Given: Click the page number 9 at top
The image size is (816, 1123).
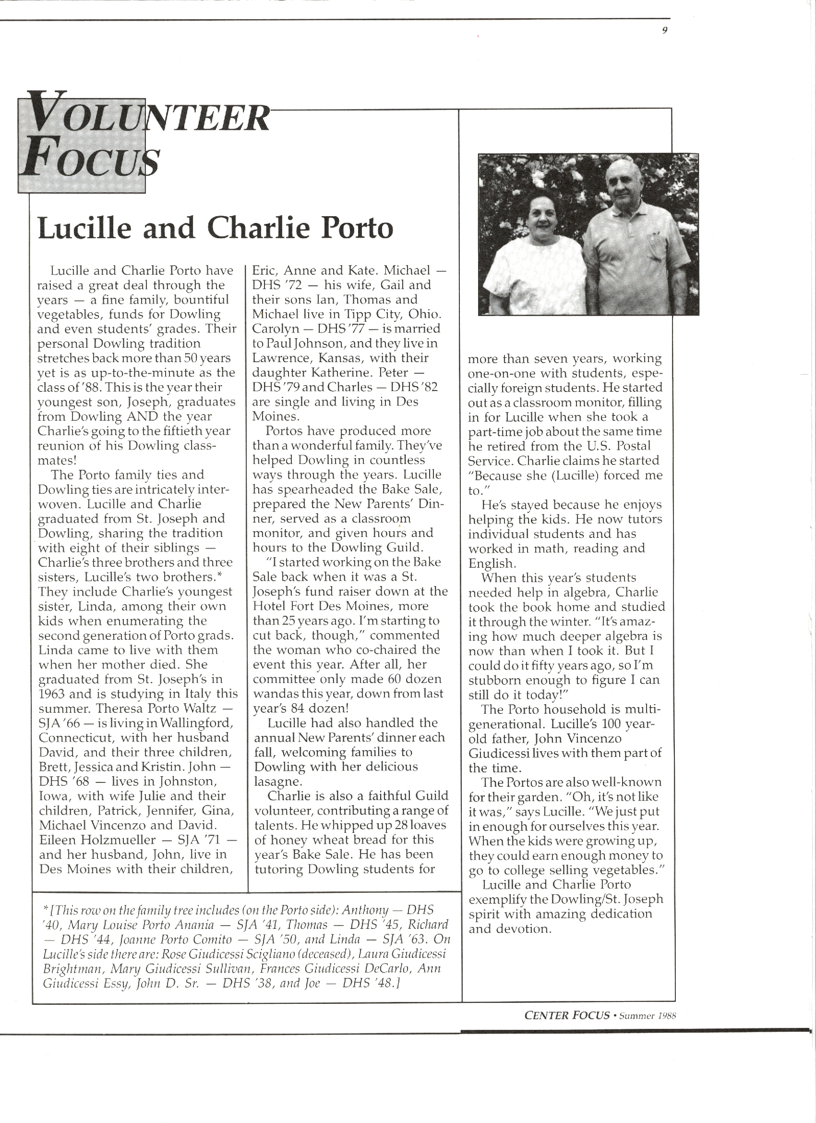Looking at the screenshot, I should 665,30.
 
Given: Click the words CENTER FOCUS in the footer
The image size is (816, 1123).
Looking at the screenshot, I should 566,1015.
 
